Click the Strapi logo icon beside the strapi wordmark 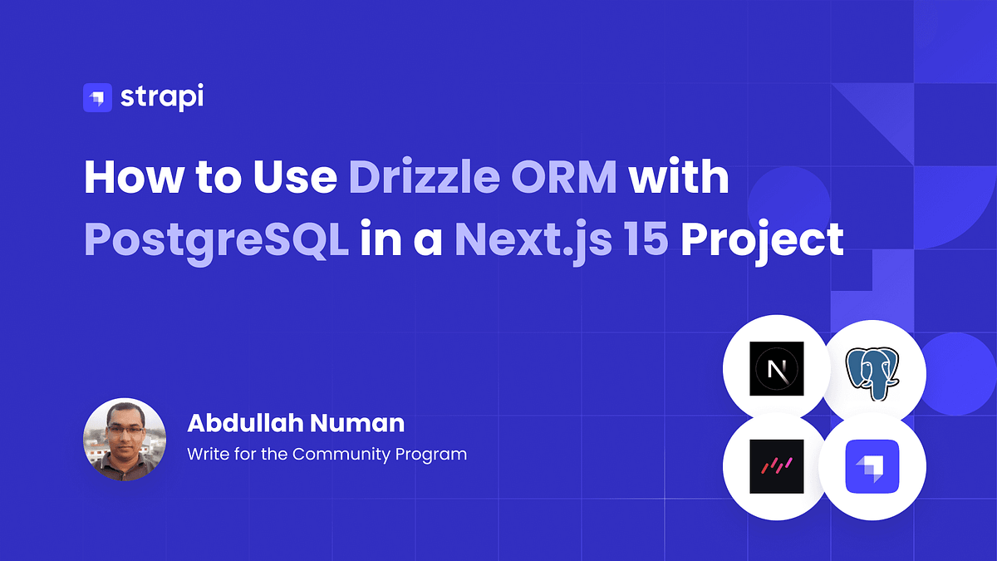(97, 97)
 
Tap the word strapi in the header (161, 97)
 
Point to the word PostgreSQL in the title (216, 240)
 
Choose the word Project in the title (761, 240)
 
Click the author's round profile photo (125, 439)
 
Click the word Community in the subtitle (342, 454)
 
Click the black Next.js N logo (776, 367)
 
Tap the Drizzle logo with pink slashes (776, 467)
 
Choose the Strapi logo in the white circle (872, 467)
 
